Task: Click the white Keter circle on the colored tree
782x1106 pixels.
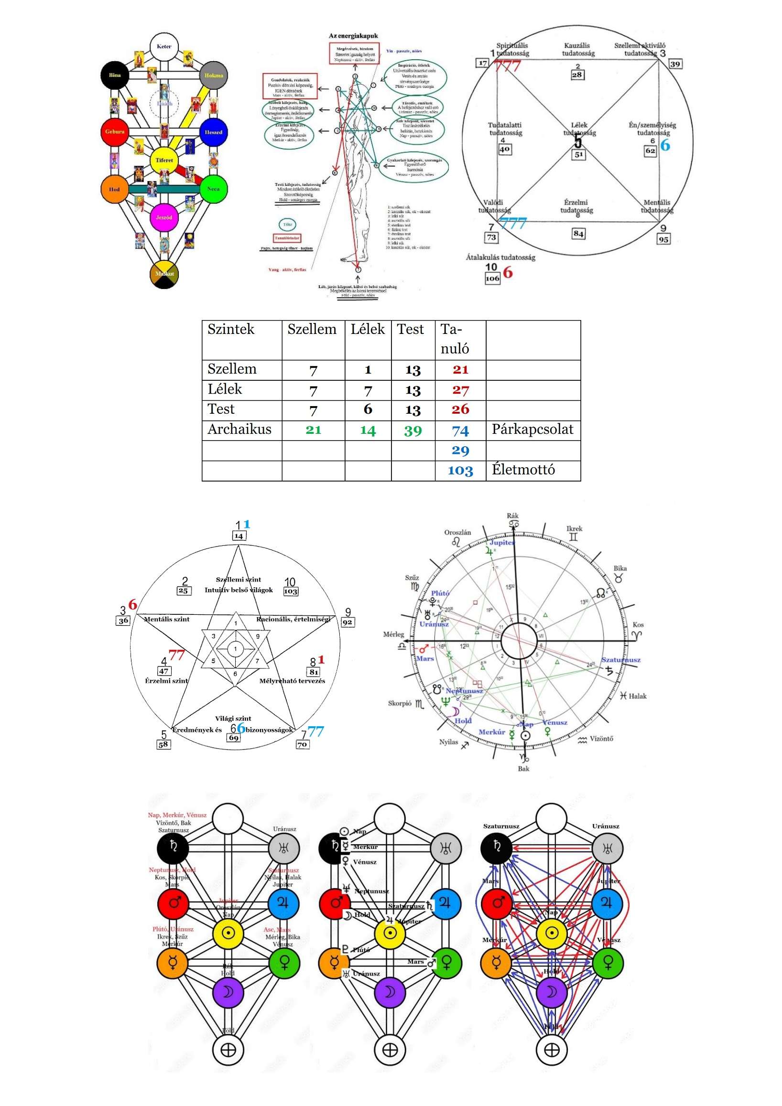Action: [x=164, y=47]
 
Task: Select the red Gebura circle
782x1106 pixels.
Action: [x=115, y=131]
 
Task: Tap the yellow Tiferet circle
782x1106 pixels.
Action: [x=164, y=160]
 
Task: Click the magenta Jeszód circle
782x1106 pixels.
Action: [x=164, y=217]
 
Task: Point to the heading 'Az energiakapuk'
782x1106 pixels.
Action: [x=353, y=36]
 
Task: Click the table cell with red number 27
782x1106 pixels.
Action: [x=460, y=390]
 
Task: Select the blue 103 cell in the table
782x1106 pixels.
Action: [x=460, y=471]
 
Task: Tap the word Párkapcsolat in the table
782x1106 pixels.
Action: [x=532, y=429]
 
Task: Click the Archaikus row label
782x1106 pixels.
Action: [x=239, y=429]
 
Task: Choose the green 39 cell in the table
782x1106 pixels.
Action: [x=413, y=430]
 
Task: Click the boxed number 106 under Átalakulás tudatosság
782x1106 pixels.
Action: [x=492, y=279]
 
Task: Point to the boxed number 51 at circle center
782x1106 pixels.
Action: [x=579, y=155]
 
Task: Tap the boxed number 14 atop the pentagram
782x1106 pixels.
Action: [x=239, y=536]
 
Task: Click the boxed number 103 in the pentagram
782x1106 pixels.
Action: [x=291, y=591]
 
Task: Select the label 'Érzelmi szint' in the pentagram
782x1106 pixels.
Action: [x=166, y=681]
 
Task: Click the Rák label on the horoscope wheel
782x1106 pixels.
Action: [x=513, y=516]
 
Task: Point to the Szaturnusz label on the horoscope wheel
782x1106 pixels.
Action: [x=620, y=660]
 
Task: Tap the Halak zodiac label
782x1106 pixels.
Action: [x=637, y=696]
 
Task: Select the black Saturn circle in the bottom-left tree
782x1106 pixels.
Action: [x=173, y=847]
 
